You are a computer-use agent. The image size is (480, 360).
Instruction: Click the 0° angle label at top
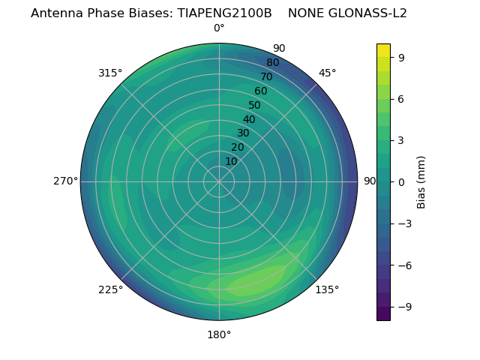219,28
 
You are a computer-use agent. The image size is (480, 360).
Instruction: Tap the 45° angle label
327,73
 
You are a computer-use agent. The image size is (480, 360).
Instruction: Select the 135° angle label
327,289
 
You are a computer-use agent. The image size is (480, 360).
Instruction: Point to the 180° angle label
219,334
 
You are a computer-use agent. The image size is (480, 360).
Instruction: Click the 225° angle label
110,290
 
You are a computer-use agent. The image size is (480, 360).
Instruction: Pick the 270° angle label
65,181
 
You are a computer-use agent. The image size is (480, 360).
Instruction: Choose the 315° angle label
110,73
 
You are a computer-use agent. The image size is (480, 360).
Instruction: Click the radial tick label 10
231,162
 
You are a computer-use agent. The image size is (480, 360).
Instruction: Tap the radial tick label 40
249,119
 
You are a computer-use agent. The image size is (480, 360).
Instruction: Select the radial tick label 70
267,76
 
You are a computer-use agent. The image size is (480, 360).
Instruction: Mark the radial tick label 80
273,63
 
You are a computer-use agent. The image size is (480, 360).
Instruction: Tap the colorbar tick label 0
402,181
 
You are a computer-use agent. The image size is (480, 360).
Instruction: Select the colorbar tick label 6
402,98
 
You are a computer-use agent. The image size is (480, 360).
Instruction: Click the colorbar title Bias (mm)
421,181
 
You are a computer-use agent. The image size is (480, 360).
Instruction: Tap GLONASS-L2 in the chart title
368,13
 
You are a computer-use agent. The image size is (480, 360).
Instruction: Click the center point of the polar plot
219,181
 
